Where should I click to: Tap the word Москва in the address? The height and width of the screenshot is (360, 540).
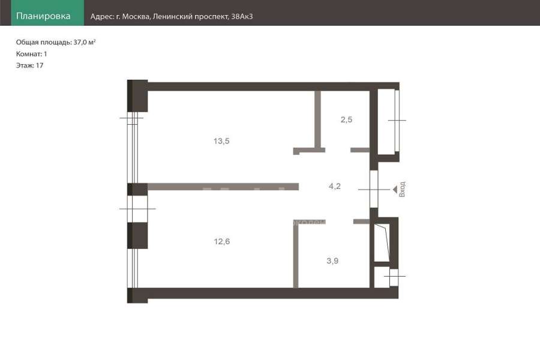(x=136, y=17)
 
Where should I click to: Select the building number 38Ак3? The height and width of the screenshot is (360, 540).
(x=242, y=16)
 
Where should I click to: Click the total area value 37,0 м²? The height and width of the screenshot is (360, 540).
(x=85, y=42)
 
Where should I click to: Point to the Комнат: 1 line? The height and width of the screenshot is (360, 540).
(x=31, y=54)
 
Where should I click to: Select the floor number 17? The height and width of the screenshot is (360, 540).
(x=40, y=65)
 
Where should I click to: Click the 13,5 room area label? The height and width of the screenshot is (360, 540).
(x=221, y=141)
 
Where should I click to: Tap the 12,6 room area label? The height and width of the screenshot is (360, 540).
(x=222, y=241)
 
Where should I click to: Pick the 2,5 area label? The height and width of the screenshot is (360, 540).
(x=346, y=119)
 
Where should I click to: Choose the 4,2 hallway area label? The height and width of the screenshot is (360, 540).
(x=335, y=187)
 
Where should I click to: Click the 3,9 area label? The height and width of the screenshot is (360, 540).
(x=332, y=261)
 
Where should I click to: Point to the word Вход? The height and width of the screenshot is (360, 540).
(x=402, y=189)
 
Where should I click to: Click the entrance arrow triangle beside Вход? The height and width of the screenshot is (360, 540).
(x=395, y=190)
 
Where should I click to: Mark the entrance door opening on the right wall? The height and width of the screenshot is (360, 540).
(x=374, y=189)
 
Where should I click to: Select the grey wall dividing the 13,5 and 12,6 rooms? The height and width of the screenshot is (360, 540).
(x=223, y=187)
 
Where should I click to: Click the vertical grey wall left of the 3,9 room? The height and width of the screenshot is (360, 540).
(x=296, y=255)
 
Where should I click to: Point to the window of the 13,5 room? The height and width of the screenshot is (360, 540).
(x=133, y=148)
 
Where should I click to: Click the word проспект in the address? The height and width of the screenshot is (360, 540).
(x=211, y=17)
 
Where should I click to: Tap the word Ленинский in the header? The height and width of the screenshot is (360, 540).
(x=172, y=17)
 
